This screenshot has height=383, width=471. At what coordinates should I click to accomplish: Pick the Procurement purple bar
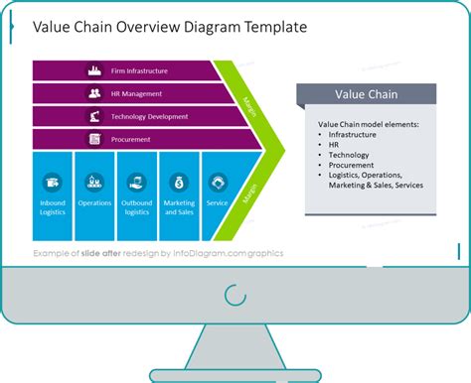coord(139,139)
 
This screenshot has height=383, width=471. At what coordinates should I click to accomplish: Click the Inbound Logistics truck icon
coord(54,182)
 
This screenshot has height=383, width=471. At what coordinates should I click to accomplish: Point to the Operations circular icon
coord(95,182)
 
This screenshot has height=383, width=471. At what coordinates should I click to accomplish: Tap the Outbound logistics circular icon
coord(137,182)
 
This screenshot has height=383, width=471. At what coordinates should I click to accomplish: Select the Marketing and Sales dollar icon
coord(179,182)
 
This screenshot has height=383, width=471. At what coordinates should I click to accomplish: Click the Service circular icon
coord(218,182)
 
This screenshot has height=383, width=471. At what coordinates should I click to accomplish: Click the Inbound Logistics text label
coord(54,206)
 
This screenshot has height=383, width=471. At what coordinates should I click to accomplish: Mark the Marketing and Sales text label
coord(179,206)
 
